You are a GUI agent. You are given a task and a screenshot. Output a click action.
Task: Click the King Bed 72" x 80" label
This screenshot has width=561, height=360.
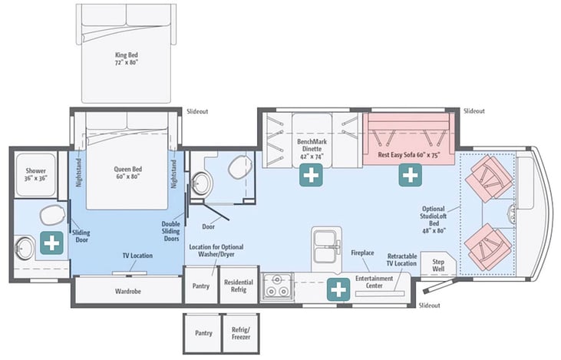(127, 58)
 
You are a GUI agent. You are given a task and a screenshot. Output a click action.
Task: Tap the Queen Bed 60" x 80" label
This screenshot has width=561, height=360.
(127, 173)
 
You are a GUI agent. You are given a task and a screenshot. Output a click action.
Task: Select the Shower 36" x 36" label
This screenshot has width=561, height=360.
(36, 174)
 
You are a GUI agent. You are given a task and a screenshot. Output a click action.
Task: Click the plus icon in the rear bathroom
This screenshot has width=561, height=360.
(51, 243)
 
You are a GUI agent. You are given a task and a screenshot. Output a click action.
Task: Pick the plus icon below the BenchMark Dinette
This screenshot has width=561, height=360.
(311, 175)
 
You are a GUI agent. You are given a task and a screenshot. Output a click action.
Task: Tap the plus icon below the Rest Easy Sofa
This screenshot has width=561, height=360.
(410, 175)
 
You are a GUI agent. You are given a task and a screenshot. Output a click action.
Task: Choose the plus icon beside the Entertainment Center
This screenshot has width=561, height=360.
(338, 289)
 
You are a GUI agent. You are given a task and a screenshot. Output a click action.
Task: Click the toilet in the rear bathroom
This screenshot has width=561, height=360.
(52, 216)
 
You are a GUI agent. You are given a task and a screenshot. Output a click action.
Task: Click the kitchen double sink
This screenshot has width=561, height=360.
(325, 246)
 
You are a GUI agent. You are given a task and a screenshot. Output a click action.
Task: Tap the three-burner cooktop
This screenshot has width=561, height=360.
(276, 286)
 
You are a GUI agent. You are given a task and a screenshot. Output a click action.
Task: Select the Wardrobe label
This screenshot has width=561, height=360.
(127, 291)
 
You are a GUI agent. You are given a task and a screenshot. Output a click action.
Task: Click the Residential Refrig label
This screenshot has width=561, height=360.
(239, 286)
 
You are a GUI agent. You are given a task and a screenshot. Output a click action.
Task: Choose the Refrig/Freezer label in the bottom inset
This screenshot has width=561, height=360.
(241, 333)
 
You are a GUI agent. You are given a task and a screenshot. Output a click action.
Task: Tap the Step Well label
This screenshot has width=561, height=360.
(438, 265)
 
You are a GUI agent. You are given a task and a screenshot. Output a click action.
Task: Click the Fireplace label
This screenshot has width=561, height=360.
(362, 253)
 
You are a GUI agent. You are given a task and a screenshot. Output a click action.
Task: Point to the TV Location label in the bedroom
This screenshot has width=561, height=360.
(137, 256)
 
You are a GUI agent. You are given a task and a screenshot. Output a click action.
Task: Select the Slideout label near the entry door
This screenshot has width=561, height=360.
(429, 306)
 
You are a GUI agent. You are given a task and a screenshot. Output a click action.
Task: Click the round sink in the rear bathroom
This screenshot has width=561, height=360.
(24, 247)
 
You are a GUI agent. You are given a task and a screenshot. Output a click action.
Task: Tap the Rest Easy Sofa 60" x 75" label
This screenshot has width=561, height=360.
(408, 155)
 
